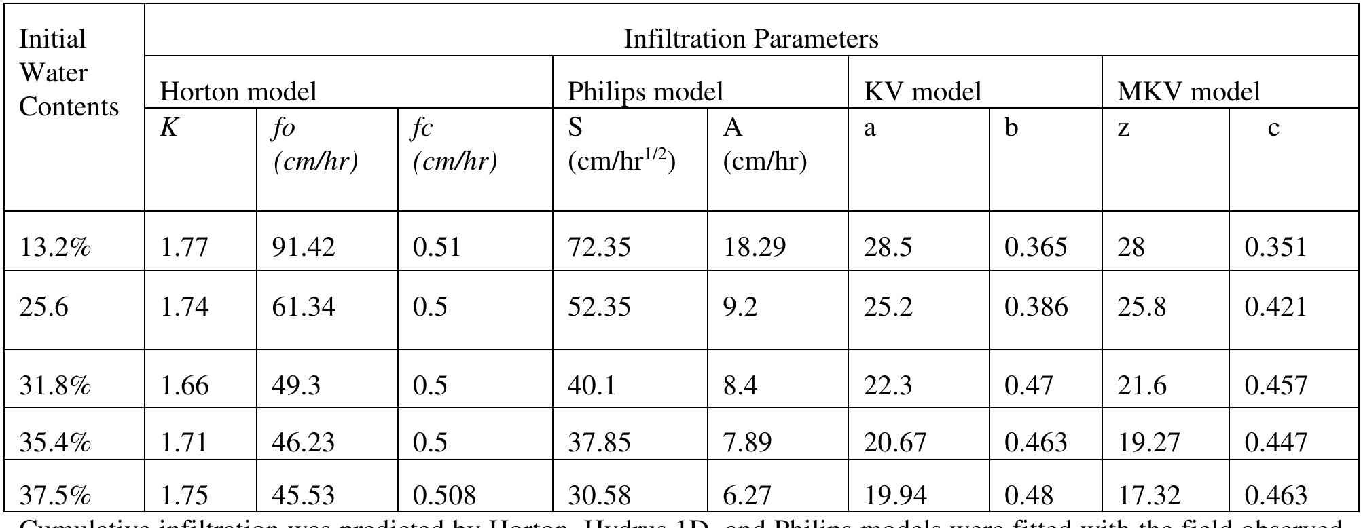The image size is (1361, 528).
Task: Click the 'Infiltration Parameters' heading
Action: tap(750, 39)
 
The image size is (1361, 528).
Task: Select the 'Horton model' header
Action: tap(238, 92)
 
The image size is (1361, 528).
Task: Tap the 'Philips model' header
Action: tap(645, 92)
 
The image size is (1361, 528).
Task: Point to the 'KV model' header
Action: tap(923, 92)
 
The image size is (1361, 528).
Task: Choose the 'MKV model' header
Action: tap(1188, 92)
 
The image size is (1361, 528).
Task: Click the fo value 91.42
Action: tap(304, 246)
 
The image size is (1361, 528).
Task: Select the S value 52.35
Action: tap(599, 307)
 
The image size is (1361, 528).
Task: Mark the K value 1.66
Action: tap(184, 385)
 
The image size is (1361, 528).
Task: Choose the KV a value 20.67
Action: tap(895, 442)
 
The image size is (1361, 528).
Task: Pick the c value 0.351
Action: tap(1275, 246)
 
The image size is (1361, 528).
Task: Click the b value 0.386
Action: tap(1036, 307)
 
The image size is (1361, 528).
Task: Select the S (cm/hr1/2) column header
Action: tap(621, 146)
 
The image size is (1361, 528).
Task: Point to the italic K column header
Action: tap(168, 128)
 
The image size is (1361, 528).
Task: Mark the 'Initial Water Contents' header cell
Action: tap(69, 73)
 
